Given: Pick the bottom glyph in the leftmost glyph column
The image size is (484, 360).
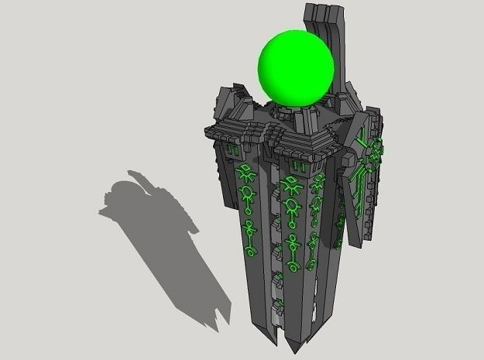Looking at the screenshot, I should tap(250, 250).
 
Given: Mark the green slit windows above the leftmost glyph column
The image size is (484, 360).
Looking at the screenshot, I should tap(232, 147).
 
